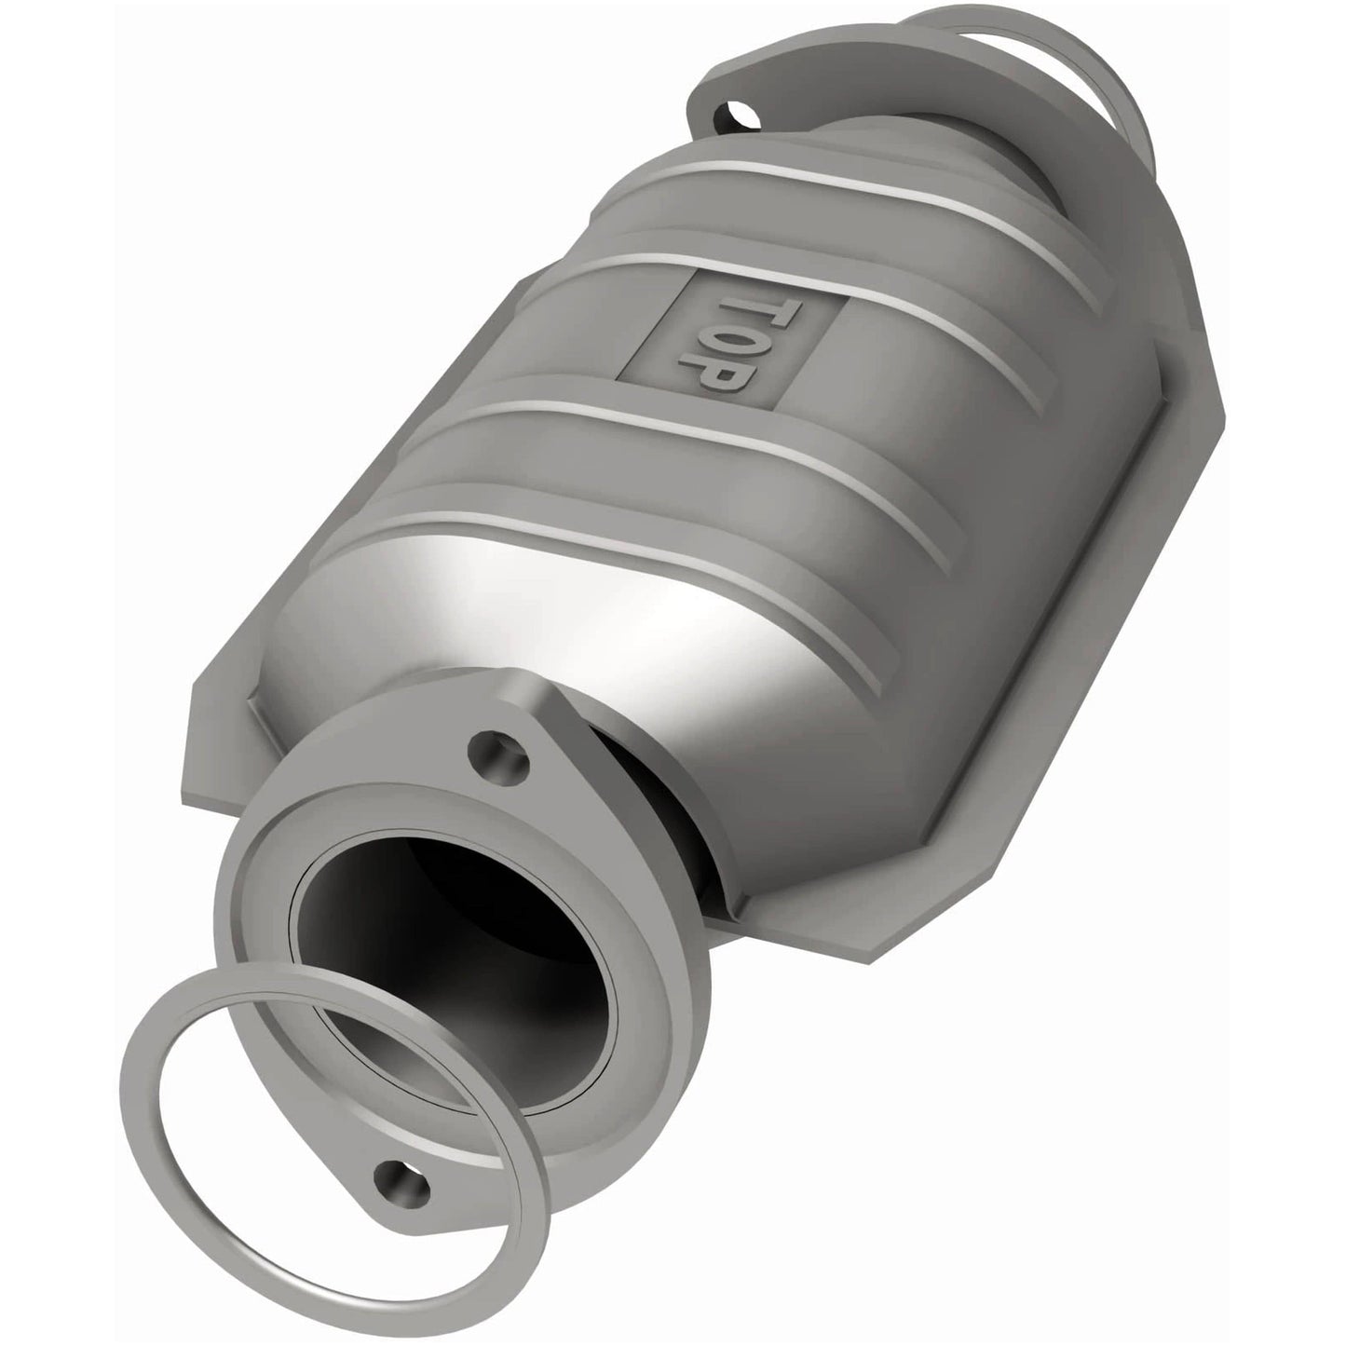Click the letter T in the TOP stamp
739,311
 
